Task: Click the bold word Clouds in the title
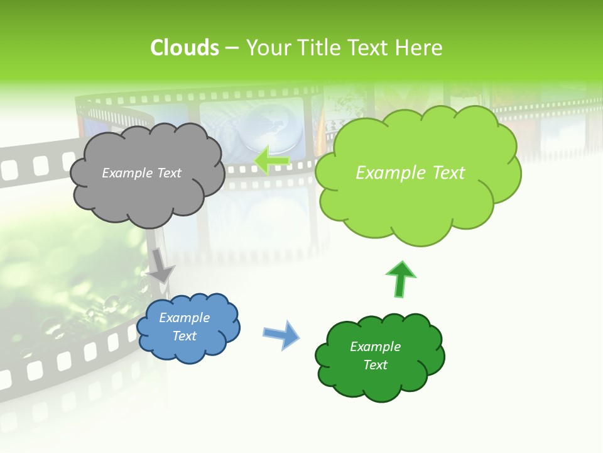185,48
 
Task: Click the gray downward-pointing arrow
161,265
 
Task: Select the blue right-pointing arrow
281,334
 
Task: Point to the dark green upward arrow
400,279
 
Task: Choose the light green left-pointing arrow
271,160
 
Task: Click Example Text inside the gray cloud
141,173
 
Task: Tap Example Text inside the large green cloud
410,173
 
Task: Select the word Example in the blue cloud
184,318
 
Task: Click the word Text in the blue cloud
184,336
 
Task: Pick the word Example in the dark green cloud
375,347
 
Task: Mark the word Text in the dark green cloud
375,365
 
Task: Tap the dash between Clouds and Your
232,48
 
